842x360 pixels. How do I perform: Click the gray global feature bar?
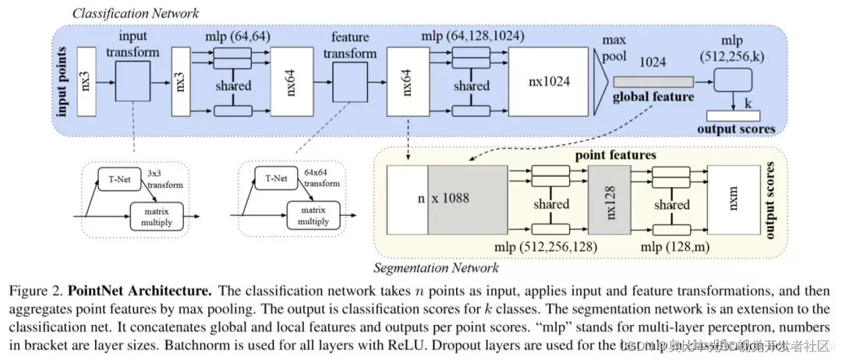tap(653, 81)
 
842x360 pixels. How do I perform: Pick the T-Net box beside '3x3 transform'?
tap(114, 178)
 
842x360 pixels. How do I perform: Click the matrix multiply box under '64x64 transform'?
tap(317, 212)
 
